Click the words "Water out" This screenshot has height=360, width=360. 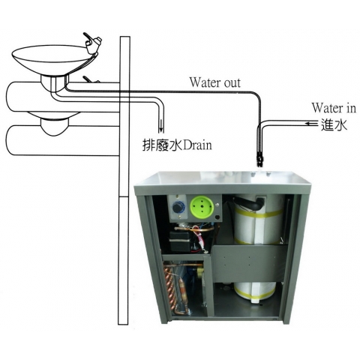coord(215,82)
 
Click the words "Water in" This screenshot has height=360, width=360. coord(334,108)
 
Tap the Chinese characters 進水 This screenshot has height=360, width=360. coord(334,124)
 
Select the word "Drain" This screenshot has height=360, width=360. coord(197,145)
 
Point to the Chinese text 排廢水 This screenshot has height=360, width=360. coord(163,145)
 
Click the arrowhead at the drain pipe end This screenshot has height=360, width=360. coord(161,127)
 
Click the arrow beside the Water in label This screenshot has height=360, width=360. coord(312,123)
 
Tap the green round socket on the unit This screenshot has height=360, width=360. coord(202,208)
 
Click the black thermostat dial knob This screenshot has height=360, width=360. coord(178,208)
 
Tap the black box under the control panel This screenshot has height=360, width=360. coord(178,240)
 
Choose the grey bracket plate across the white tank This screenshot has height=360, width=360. coord(250,263)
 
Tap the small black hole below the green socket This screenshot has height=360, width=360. coord(217,217)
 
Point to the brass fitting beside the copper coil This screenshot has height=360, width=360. coord(200,272)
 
